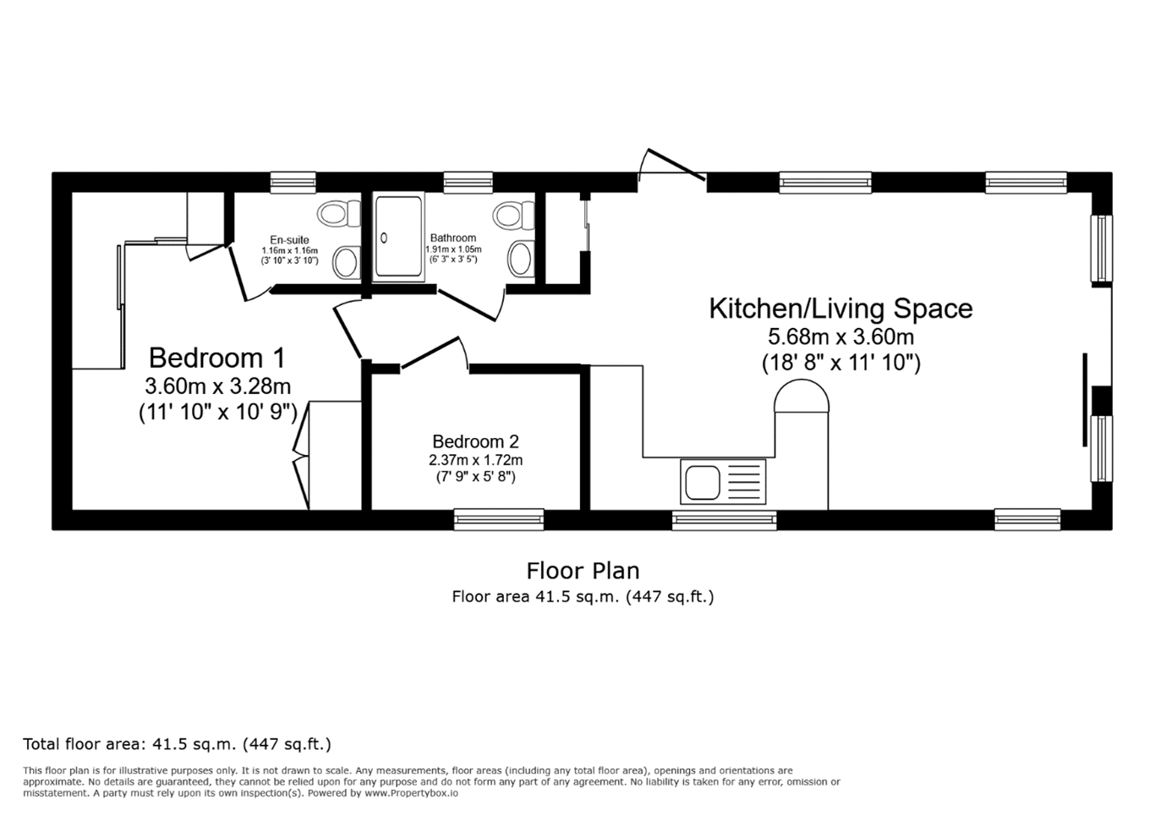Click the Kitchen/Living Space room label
[x=840, y=309]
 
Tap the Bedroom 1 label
[x=217, y=358]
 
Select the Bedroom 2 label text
[x=476, y=441]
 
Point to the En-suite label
[x=289, y=240]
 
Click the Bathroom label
[x=453, y=238]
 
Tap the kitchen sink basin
[x=702, y=482]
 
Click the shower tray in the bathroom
[x=399, y=236]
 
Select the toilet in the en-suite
[x=339, y=213]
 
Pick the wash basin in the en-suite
[x=346, y=262]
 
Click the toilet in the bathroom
[x=514, y=215]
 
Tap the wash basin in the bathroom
[x=521, y=258]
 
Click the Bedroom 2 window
[x=499, y=519]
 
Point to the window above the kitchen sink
[x=724, y=520]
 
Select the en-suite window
[x=293, y=183]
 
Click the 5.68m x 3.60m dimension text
[x=840, y=337]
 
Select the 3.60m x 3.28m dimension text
[x=217, y=386]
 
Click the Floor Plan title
[x=583, y=571]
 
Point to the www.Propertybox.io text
[x=411, y=793]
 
